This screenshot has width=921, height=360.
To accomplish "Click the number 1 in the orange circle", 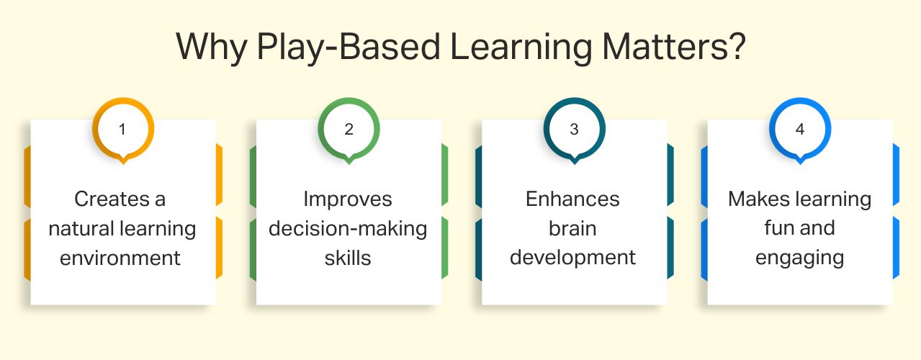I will pyautogui.click(x=122, y=130).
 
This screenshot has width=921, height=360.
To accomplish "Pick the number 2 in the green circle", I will pyautogui.click(x=349, y=130).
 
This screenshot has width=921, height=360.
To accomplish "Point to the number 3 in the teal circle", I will pyautogui.click(x=574, y=130).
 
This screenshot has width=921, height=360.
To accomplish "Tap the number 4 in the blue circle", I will pyautogui.click(x=799, y=130).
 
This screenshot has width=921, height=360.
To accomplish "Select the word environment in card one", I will pyautogui.click(x=120, y=257).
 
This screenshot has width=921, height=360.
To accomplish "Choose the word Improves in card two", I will pyautogui.click(x=348, y=199).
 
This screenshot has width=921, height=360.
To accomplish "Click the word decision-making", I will pyautogui.click(x=348, y=229).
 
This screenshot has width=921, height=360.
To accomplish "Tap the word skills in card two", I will pyautogui.click(x=348, y=257).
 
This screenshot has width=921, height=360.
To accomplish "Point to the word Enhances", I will pyautogui.click(x=572, y=199).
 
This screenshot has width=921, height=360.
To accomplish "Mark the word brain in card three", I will pyautogui.click(x=572, y=228).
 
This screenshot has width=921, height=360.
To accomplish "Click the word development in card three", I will pyautogui.click(x=572, y=258).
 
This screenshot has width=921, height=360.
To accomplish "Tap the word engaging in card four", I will pyautogui.click(x=799, y=258).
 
